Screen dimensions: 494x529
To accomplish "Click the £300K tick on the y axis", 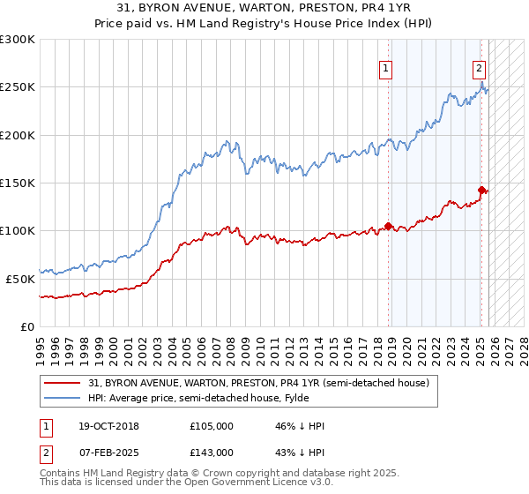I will pyautogui.click(x=18, y=40).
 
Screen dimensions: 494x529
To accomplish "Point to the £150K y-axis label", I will pyautogui.click(x=18, y=183).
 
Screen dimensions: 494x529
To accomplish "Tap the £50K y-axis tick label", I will pyautogui.click(x=20, y=278).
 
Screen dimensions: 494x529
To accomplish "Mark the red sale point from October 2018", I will pyautogui.click(x=389, y=226).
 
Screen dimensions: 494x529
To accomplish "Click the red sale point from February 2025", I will pyautogui.click(x=481, y=190).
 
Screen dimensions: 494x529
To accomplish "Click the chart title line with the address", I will pyautogui.click(x=264, y=9).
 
